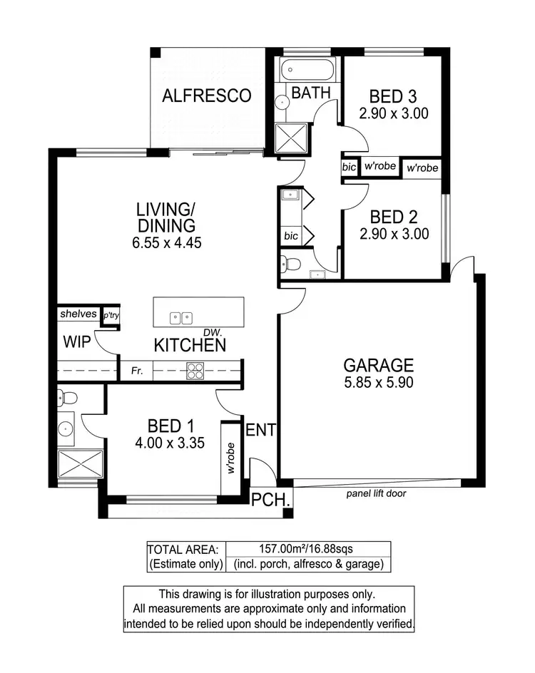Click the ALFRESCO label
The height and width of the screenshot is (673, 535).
(207, 96)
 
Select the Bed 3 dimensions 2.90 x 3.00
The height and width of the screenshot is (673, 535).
(393, 113)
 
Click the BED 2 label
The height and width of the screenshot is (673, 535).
(394, 217)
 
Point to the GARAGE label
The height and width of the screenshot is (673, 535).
(378, 366)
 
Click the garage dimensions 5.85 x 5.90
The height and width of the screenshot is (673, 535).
(378, 382)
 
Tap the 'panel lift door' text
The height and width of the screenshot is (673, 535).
(377, 493)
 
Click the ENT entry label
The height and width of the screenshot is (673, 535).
(260, 430)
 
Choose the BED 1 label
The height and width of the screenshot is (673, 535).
(170, 426)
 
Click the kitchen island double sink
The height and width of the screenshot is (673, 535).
(180, 318)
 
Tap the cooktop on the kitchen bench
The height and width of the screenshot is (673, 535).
(195, 370)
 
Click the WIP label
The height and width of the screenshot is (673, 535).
(76, 343)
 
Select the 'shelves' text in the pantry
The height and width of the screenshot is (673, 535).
(78, 314)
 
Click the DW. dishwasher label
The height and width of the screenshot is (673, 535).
(212, 332)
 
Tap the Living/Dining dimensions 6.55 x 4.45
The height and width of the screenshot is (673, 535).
(165, 242)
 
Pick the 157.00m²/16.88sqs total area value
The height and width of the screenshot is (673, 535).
(308, 549)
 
